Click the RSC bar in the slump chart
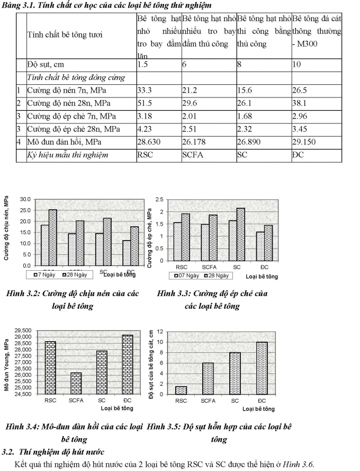(181, 389)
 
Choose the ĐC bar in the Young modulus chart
(127, 365)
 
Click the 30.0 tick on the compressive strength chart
(24, 199)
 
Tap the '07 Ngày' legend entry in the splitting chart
(184, 276)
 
